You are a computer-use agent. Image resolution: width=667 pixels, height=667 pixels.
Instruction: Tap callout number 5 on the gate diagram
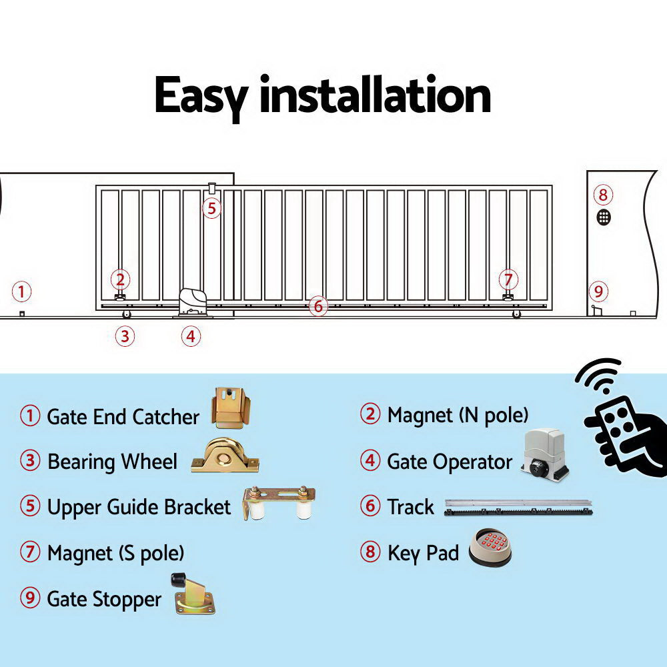click(x=211, y=208)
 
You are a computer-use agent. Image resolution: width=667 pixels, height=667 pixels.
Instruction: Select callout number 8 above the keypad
click(x=603, y=195)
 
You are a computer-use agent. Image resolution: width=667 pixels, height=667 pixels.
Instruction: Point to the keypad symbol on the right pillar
click(x=604, y=217)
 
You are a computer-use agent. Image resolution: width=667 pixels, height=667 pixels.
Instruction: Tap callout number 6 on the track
click(x=318, y=306)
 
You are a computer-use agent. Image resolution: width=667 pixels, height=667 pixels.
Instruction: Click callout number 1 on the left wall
click(x=22, y=291)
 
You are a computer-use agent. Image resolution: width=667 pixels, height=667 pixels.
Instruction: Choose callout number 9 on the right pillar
click(x=598, y=291)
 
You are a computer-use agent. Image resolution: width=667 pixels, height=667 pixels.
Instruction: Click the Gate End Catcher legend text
click(x=123, y=417)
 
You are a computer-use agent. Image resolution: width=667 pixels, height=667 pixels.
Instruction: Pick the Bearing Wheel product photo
click(x=225, y=457)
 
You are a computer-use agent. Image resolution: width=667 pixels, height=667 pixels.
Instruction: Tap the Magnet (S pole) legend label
click(x=115, y=553)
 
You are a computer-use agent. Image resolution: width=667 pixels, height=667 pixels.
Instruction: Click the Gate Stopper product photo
click(x=193, y=593)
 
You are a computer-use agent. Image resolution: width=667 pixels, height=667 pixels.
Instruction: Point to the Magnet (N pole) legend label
click(x=458, y=415)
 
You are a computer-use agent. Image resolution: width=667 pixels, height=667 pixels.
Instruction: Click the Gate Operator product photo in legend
click(x=544, y=456)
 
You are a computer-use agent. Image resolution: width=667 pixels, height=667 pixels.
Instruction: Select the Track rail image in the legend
click(x=518, y=507)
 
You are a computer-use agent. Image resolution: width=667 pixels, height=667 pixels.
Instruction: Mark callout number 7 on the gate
click(x=508, y=279)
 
